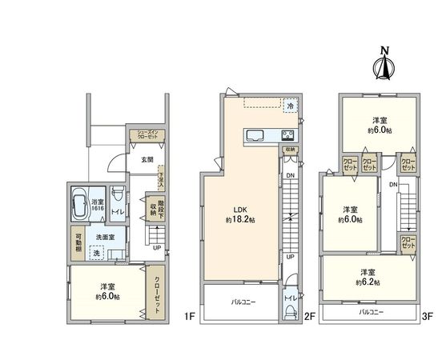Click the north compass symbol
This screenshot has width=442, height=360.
pyautogui.click(x=384, y=67)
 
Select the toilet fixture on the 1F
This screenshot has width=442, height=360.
pyautogui.click(x=119, y=196)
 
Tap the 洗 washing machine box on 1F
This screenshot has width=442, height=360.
pyautogui.click(x=97, y=253)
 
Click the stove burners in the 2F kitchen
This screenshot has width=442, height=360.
pyautogui.click(x=288, y=134)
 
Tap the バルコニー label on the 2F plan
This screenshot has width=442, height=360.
pyautogui.click(x=243, y=302)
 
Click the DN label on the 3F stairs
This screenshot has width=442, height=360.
pyautogui.click(x=393, y=185)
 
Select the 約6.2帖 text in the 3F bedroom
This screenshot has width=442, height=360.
pyautogui.click(x=369, y=282)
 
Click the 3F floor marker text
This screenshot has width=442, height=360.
pyautogui.click(x=428, y=317)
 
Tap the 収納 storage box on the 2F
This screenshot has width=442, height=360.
pyautogui.click(x=289, y=149)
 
